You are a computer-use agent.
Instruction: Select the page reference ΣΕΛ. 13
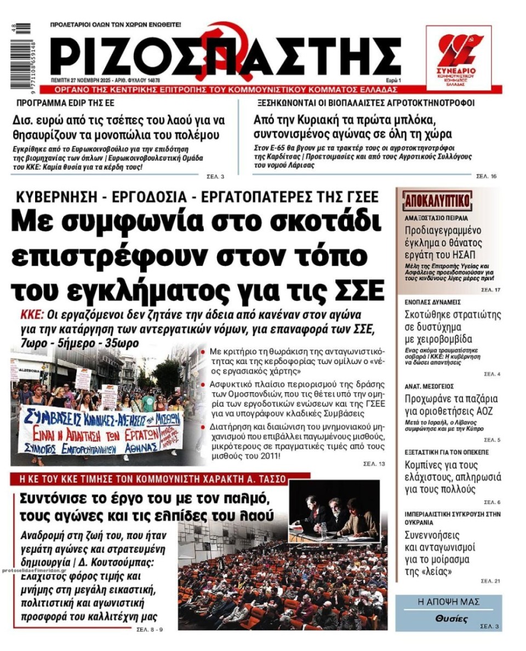pos(374,464)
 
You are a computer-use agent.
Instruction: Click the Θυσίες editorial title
pos(451,619)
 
